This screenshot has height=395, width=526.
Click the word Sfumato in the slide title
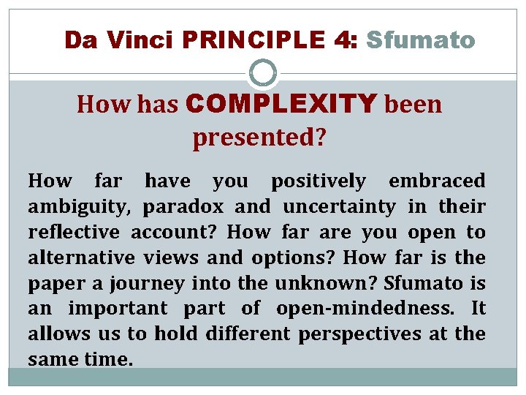point(420,39)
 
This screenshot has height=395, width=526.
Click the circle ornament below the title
point(263,74)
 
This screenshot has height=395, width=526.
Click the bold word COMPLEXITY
point(281,105)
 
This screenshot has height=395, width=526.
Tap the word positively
point(318,181)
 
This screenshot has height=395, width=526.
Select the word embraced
point(437,181)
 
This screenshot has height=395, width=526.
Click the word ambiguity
point(79,207)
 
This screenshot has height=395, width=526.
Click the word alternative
point(81,257)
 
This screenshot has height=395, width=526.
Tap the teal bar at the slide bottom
point(263,377)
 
